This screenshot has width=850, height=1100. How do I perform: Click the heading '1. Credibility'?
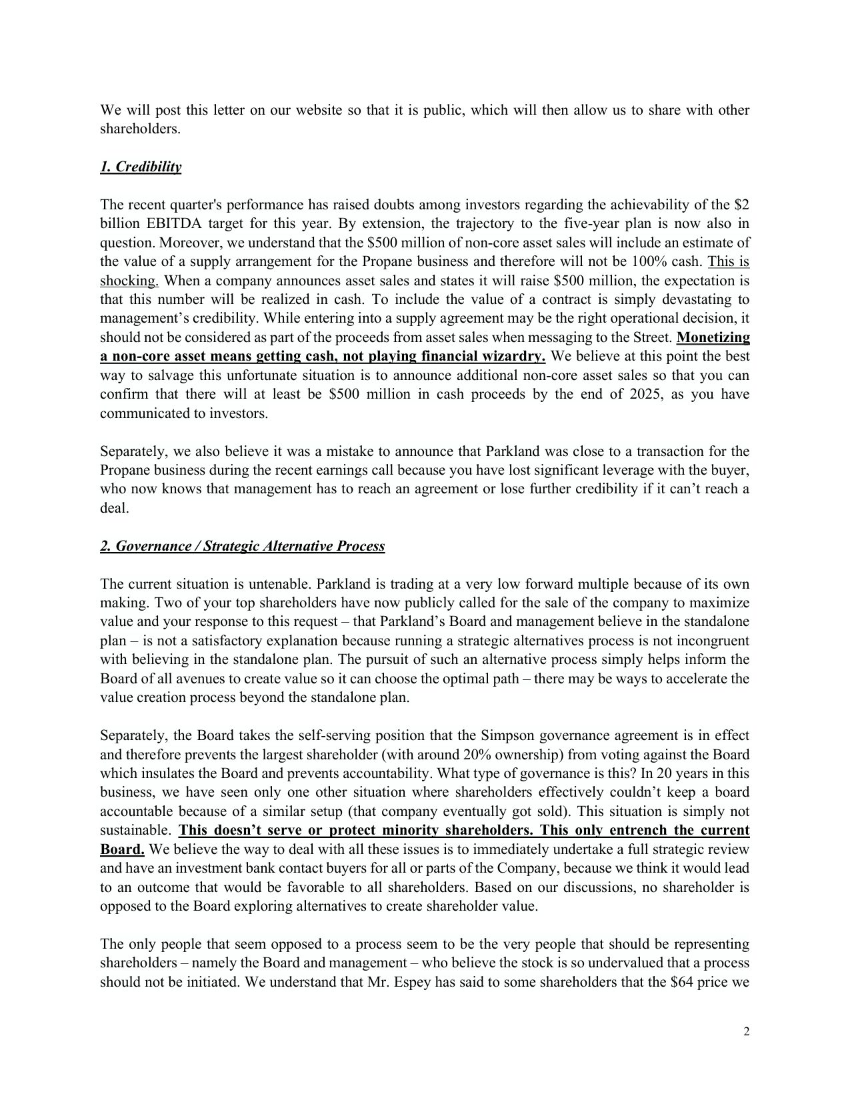pos(141,167)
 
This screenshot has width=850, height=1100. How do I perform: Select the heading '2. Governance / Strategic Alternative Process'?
pos(243,547)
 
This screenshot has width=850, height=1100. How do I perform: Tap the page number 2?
pos(746,1033)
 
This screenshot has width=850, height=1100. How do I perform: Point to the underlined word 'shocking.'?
pos(129,281)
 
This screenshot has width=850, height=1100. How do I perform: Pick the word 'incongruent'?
pos(713,641)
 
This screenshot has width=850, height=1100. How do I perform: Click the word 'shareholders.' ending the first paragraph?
pos(140,129)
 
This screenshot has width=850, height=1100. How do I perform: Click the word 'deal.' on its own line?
pos(115,509)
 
